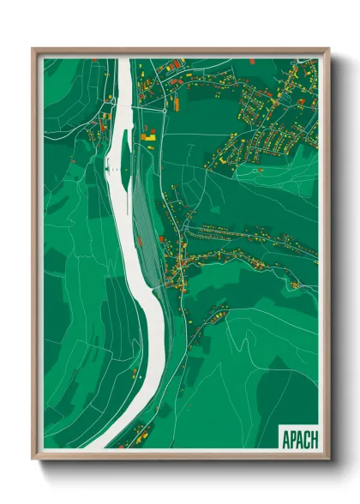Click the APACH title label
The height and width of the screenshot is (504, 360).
[298, 438]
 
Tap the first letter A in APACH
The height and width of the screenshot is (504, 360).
[285, 438]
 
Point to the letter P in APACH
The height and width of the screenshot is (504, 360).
[291, 438]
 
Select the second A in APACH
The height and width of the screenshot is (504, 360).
[299, 438]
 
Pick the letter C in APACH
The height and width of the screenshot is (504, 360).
[306, 438]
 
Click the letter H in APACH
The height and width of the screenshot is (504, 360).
[314, 438]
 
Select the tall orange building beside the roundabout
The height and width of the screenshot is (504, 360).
[175, 104]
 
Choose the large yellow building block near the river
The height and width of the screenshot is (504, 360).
[150, 134]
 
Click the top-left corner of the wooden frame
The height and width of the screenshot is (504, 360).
[33, 49]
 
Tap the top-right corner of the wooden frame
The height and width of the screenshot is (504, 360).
[328, 49]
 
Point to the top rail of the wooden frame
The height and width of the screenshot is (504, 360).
[180, 50]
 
